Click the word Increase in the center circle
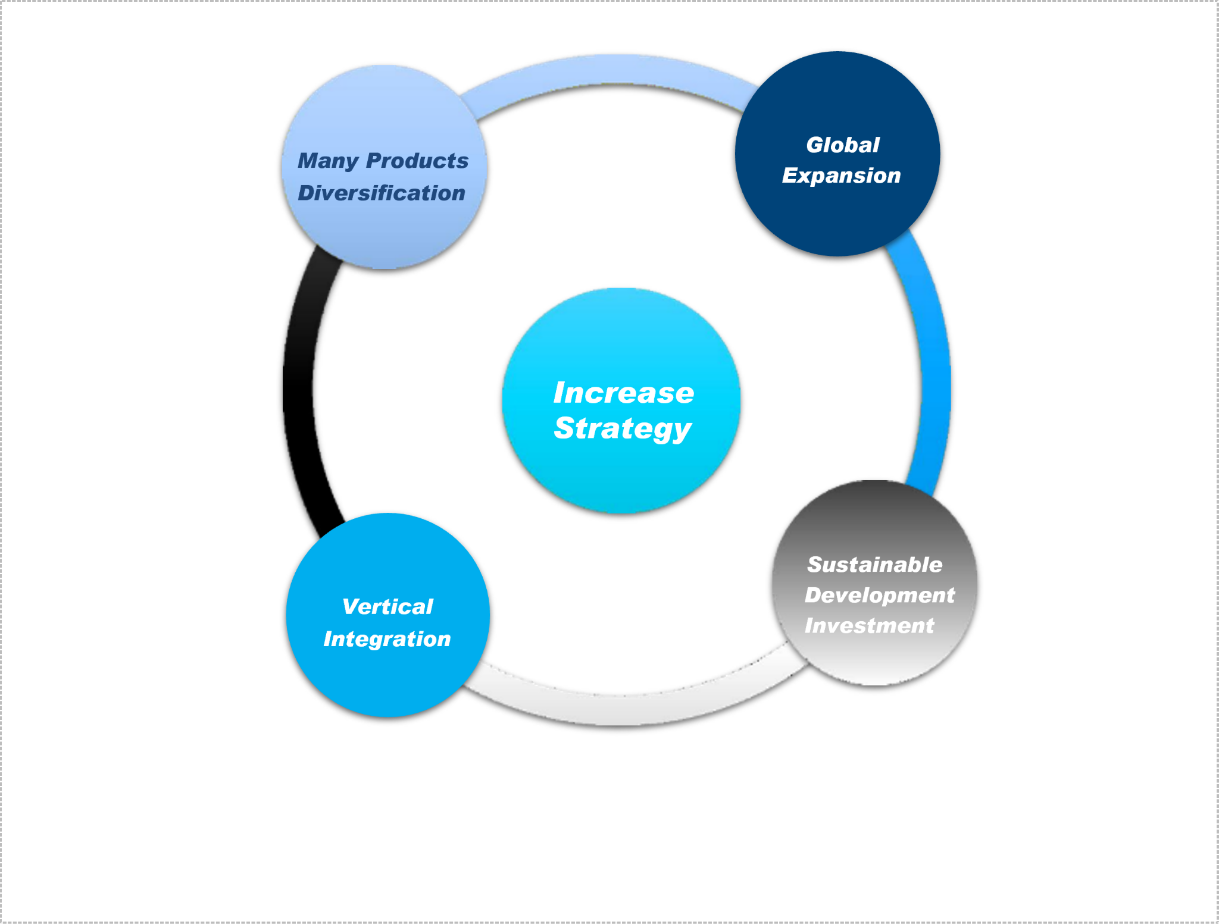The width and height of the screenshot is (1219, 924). point(623,393)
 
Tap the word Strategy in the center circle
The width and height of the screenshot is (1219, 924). point(623,428)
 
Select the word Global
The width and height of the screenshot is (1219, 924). point(842,145)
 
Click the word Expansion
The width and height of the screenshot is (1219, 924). point(841,176)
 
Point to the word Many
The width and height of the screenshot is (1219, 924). point(328,161)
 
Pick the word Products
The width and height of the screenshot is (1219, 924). point(417,161)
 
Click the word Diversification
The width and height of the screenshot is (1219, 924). point(382,193)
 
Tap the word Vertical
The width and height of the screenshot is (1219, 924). point(387,606)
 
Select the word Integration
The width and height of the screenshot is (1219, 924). point(387,638)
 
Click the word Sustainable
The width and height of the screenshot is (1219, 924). point(874,564)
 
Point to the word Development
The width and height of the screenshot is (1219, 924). point(879,595)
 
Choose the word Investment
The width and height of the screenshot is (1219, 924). point(869,625)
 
